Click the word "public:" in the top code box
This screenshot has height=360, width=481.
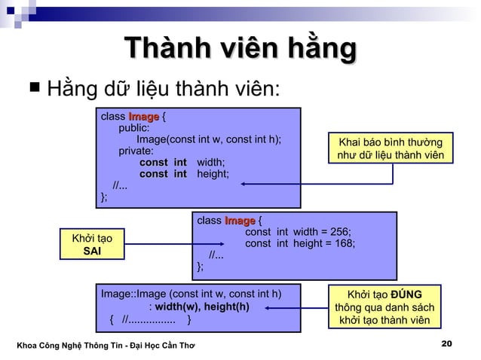(x=133, y=128)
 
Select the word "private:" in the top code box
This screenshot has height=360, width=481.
(x=136, y=151)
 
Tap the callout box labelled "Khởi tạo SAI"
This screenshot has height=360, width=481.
(x=91, y=245)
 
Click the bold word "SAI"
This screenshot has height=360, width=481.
(x=92, y=252)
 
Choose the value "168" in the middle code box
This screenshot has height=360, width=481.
(x=344, y=243)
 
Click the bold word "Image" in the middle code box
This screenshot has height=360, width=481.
(x=239, y=221)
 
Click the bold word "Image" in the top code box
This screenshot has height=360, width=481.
(x=143, y=117)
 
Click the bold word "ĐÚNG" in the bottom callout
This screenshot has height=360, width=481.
(x=406, y=294)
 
